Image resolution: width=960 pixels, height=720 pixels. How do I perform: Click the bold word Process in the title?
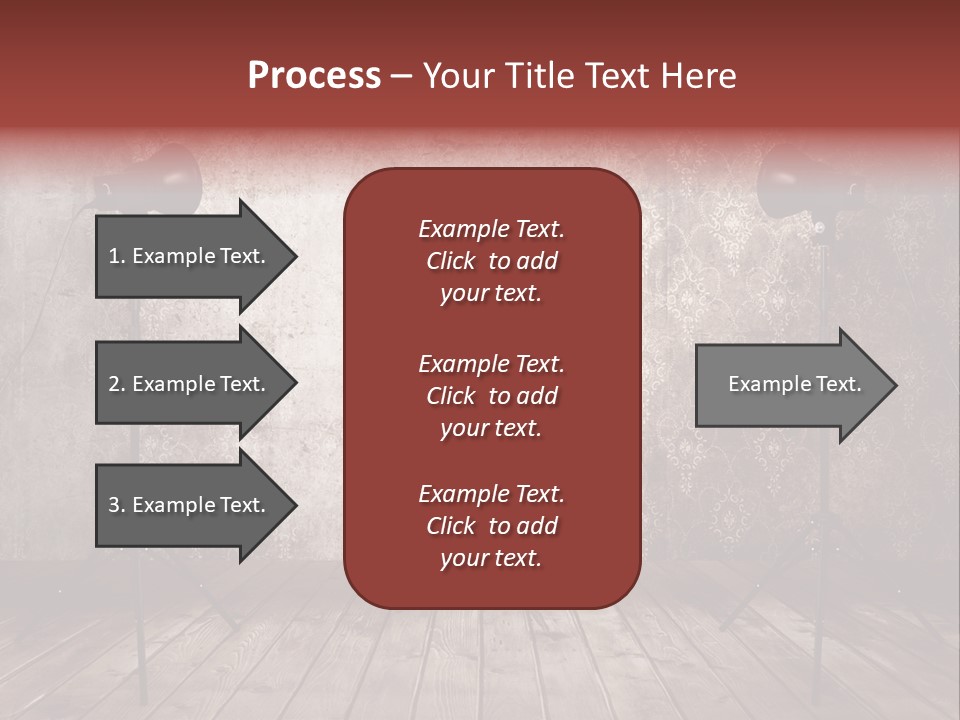314,76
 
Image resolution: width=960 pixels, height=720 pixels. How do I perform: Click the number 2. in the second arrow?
117,384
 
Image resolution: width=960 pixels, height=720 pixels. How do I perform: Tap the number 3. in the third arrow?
117,505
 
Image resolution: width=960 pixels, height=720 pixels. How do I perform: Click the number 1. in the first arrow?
117,257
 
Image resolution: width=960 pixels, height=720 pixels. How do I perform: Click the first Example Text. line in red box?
491,229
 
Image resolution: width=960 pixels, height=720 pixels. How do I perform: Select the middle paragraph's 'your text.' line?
491,428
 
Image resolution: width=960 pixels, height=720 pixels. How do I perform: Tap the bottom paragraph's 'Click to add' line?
491,526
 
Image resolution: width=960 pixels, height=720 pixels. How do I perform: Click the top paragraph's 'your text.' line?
491,294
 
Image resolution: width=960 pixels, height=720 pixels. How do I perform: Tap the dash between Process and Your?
401,77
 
